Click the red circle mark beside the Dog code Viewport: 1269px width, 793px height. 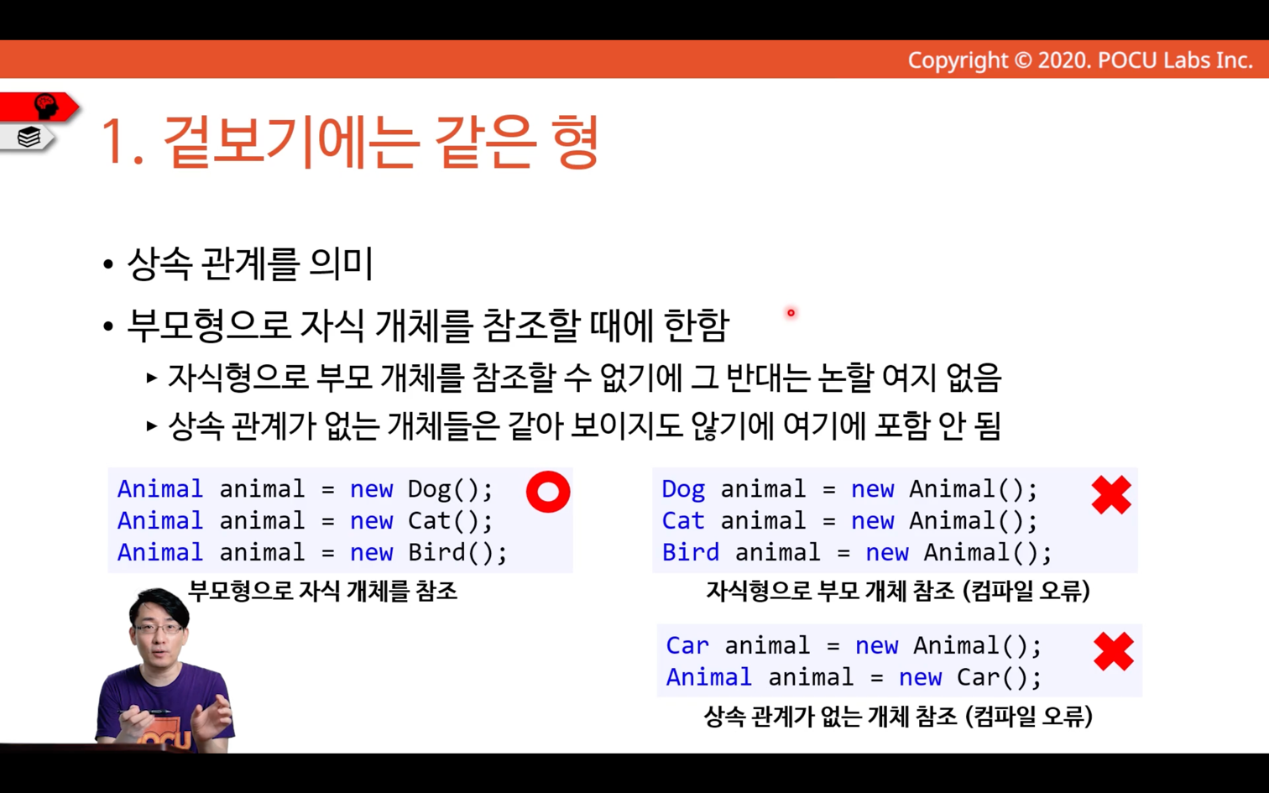point(548,492)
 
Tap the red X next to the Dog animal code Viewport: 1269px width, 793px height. point(1111,494)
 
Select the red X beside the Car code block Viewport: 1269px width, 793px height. point(1113,651)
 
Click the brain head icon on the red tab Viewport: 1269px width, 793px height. point(46,106)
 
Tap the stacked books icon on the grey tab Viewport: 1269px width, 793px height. point(29,137)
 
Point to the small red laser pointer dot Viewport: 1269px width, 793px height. point(791,313)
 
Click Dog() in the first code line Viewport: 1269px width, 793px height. point(451,489)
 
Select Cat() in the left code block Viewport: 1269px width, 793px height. point(451,521)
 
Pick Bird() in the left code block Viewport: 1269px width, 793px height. point(457,553)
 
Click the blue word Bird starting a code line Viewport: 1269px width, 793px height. point(691,553)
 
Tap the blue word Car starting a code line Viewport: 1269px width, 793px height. point(687,646)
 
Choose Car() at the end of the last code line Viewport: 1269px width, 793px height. point(999,677)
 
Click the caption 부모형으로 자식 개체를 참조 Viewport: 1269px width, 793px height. point(322,591)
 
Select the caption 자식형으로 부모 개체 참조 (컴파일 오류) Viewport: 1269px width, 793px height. point(898,591)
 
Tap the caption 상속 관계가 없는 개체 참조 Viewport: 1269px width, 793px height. point(831,717)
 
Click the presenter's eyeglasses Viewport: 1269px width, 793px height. point(158,629)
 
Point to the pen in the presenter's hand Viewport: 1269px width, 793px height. point(144,712)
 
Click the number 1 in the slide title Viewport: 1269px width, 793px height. point(112,142)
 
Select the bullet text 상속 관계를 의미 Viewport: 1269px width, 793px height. point(250,264)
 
